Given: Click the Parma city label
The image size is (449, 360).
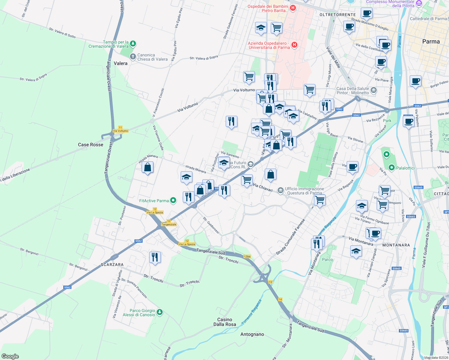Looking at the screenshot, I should point(431,42).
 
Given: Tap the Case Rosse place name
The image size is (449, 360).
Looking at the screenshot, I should point(90,145).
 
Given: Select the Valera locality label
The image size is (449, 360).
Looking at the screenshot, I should point(121,63).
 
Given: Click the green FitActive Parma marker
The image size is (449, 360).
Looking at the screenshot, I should point(173,200).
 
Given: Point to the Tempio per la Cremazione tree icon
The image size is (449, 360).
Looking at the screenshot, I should point(133,44).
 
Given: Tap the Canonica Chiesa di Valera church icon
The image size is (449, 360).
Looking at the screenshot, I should point(133,56).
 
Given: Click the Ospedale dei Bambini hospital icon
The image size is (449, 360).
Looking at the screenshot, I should point(293,8).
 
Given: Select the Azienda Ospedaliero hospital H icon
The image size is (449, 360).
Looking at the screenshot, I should point(294,45).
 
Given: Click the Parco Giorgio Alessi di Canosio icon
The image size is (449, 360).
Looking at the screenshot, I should point(160,312).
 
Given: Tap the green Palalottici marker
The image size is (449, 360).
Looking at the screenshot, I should point(391,168).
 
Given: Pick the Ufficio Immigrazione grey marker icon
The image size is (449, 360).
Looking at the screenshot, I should point(280,190).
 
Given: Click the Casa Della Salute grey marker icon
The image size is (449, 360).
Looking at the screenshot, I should point(373,90).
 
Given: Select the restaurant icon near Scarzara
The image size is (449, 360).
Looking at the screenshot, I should point(155,257).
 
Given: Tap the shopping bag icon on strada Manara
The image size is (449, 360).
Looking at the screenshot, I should point(148,167).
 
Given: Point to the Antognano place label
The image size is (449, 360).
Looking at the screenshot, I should point(252,334).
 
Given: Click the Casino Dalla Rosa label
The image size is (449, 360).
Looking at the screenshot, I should point(224,322).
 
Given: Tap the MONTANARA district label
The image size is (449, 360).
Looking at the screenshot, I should point(396,245).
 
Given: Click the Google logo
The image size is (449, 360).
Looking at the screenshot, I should point(10,356).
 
